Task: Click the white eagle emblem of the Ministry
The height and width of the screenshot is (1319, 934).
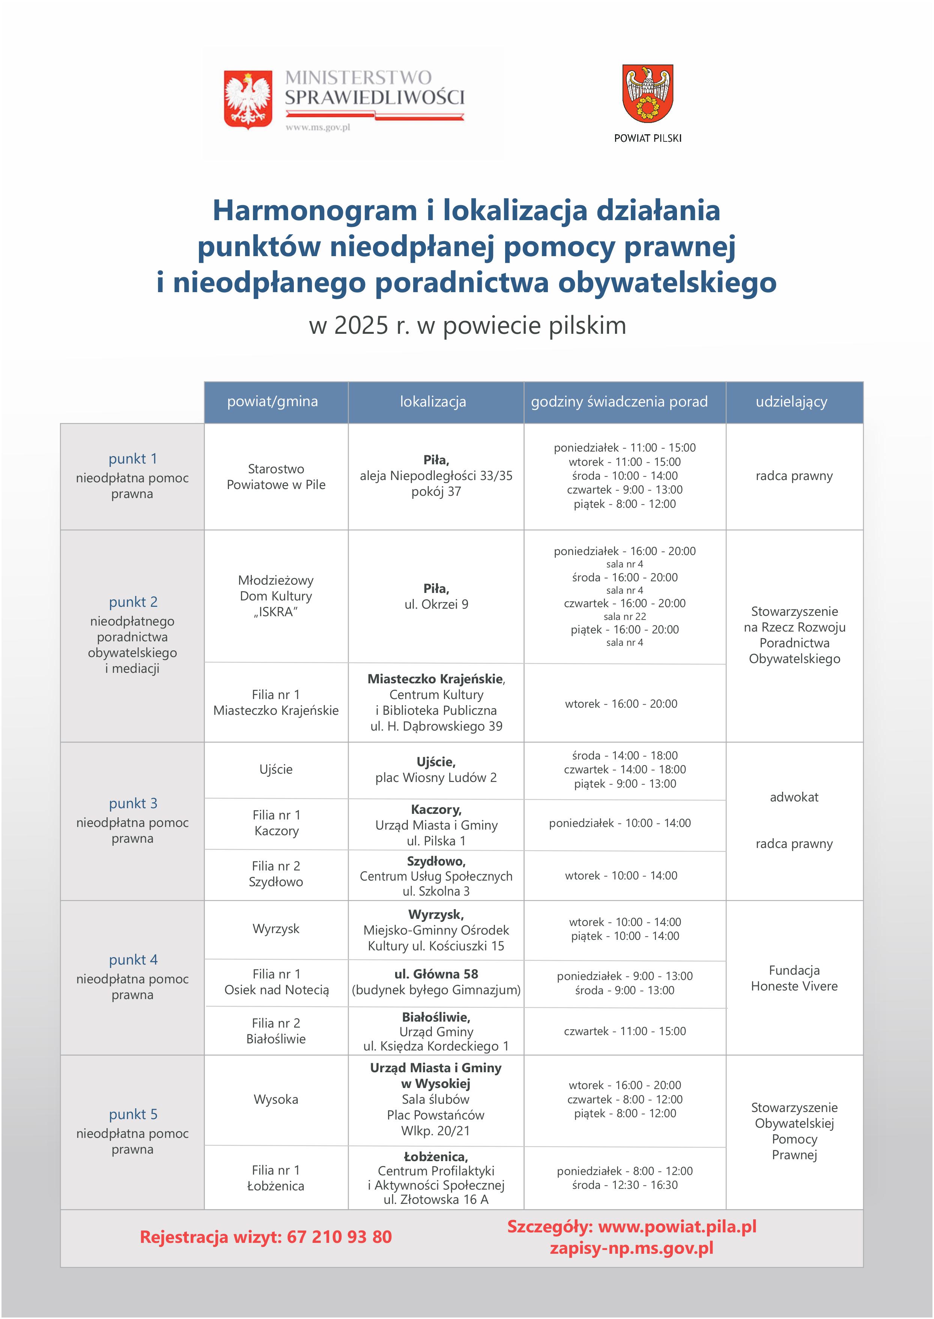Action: pos(248,99)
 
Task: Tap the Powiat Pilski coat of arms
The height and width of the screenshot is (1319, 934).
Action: pos(648,93)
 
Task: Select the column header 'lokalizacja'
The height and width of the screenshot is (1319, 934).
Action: pos(433,402)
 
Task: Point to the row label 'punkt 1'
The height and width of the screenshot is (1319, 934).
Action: pos(133,459)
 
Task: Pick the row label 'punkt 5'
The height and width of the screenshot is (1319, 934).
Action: pos(133,1114)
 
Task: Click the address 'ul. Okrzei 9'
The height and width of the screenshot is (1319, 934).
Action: pos(436,604)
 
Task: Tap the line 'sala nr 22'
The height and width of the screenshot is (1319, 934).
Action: pos(624,617)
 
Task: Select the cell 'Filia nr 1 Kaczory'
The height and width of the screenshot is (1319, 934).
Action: pos(276,822)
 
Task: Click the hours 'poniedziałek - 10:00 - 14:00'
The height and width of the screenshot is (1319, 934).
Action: pos(620,823)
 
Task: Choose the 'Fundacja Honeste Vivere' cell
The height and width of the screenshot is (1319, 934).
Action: pos(794,978)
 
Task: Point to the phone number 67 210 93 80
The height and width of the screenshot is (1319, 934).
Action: pos(339,1237)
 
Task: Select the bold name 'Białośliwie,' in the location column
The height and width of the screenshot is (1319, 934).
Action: pos(436,1017)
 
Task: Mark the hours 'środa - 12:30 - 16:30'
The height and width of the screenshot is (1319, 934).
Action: pos(624,1184)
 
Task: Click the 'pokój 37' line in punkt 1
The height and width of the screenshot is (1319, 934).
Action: pos(436,491)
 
